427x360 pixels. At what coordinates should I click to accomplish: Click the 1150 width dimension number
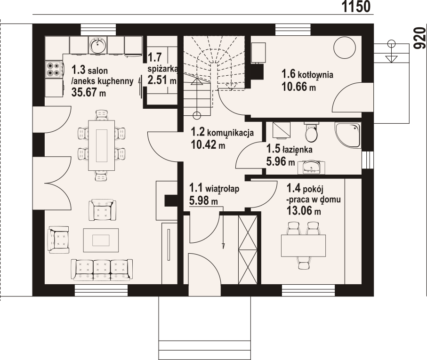[356, 7]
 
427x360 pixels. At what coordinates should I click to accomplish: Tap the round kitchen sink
[97, 44]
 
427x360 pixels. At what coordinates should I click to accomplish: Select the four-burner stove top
[53, 69]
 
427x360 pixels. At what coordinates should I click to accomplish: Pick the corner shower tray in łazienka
[348, 135]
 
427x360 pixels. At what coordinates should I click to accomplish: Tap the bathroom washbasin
[312, 167]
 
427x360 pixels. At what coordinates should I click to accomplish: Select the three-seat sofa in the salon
[102, 269]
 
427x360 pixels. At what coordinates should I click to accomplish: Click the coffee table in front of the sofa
[101, 240]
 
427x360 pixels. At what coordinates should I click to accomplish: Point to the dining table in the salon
[101, 145]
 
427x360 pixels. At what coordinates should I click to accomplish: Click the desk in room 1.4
[303, 246]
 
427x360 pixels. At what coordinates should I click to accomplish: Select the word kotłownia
[315, 74]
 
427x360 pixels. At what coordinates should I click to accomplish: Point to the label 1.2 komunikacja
[222, 133]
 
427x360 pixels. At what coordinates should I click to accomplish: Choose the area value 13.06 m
[303, 210]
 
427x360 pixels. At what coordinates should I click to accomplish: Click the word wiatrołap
[222, 189]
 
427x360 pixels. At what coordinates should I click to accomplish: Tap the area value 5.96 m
[281, 162]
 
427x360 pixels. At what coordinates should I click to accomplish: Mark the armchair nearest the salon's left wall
[58, 240]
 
